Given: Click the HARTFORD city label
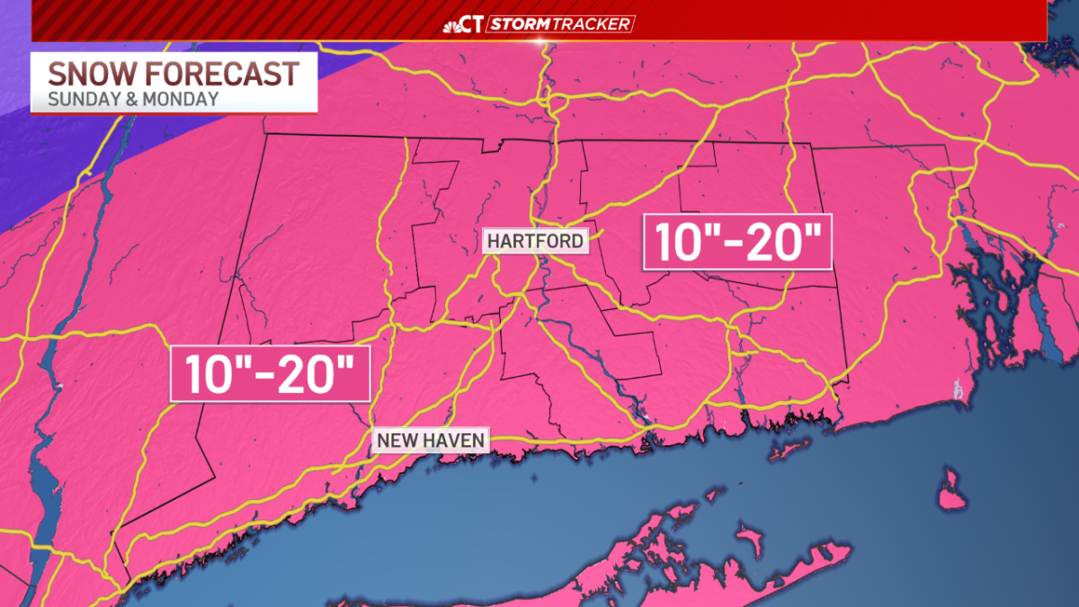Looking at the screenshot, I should coord(536,241).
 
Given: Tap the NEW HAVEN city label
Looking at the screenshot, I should coord(432,440).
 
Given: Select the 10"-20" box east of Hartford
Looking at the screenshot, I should coord(737,242).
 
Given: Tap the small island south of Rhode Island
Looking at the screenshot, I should coord(951,490).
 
